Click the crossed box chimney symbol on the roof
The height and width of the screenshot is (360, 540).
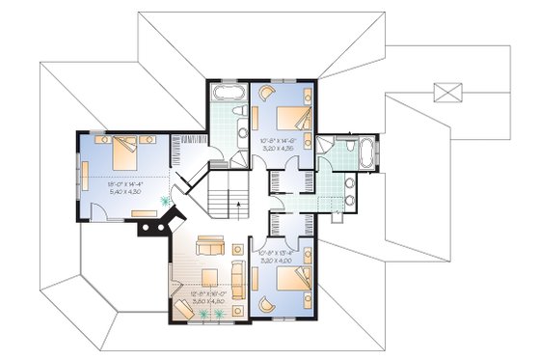(446, 93)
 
